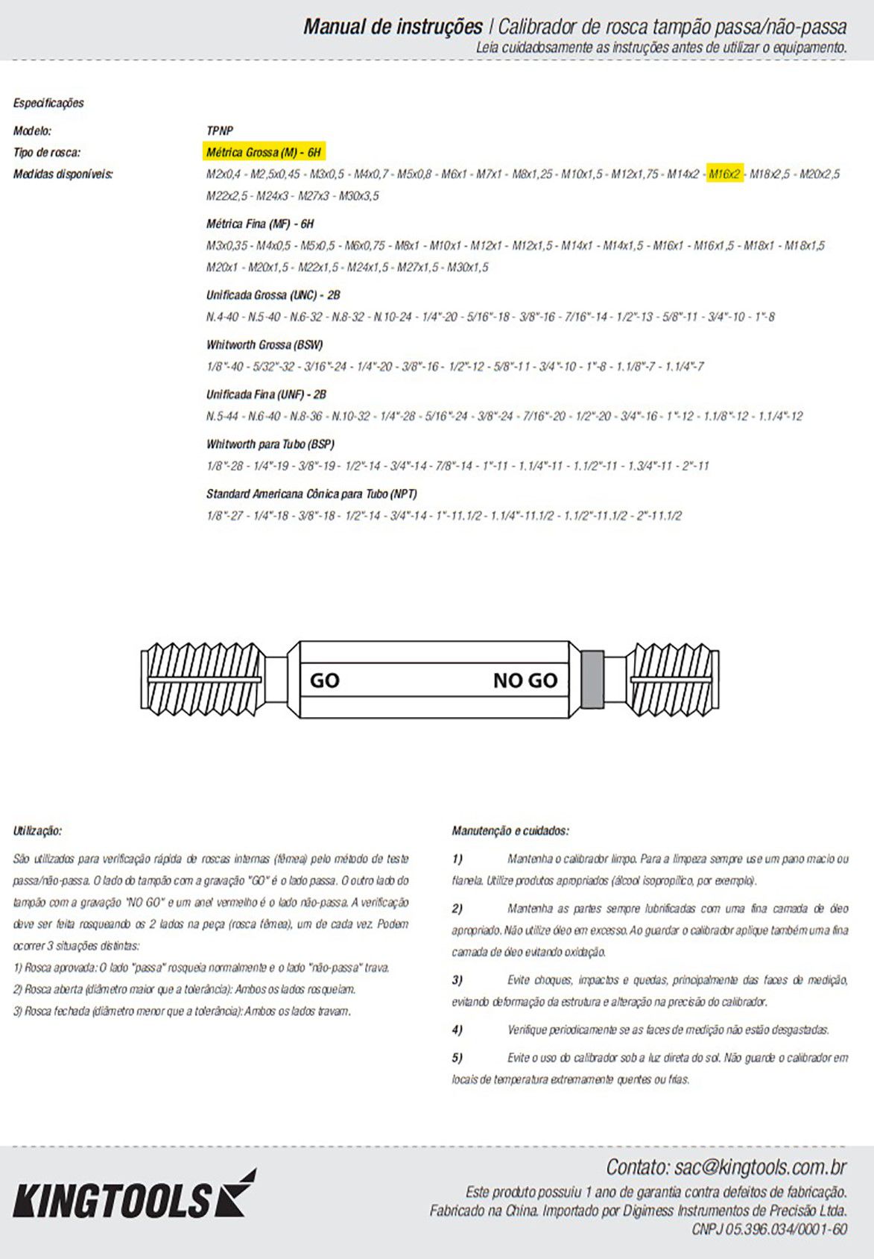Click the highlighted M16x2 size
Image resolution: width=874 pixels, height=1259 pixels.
(x=724, y=174)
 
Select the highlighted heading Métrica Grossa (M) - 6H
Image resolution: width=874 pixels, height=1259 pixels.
(x=264, y=152)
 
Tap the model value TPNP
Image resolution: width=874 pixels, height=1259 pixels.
(x=220, y=130)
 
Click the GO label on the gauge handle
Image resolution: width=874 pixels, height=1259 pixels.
(x=324, y=680)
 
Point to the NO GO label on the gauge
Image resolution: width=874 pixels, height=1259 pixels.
(x=525, y=680)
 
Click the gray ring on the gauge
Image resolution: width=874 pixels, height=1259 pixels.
(x=592, y=679)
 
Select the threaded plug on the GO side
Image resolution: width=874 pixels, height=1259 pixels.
(x=203, y=679)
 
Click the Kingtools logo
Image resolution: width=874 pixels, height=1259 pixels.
(x=134, y=1195)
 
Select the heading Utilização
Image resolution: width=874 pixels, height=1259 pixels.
(x=37, y=830)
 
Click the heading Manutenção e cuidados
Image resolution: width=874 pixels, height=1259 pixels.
(x=510, y=830)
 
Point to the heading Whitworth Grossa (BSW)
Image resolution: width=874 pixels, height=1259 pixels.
(x=265, y=344)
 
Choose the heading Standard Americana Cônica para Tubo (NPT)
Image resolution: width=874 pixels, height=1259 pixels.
(x=311, y=493)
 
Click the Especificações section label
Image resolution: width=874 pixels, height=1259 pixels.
(x=48, y=103)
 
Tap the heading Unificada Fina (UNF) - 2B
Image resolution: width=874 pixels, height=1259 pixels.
(x=266, y=394)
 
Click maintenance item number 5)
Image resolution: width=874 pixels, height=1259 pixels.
(x=457, y=1057)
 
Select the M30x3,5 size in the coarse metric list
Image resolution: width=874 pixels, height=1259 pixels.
(x=358, y=195)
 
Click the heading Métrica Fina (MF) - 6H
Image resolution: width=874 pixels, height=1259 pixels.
(x=260, y=224)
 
